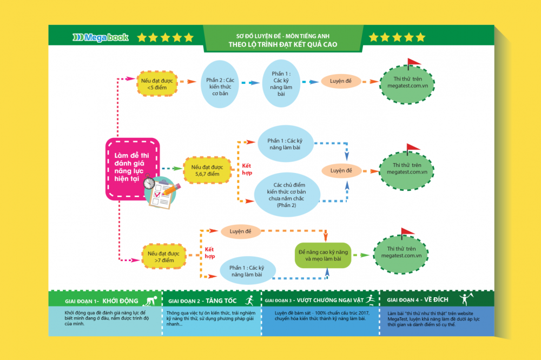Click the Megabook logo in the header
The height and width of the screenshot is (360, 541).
(x=100, y=37)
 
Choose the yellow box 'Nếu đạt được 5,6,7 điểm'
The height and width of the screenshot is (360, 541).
(x=206, y=170)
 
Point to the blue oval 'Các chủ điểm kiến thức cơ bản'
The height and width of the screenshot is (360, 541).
(x=287, y=195)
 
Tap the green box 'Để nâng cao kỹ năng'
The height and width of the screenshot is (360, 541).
(x=323, y=255)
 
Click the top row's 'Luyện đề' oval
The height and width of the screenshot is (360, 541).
(x=341, y=82)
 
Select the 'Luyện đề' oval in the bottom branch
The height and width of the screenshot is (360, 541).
(x=240, y=231)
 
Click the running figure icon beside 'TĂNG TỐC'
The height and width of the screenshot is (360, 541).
(x=249, y=299)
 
